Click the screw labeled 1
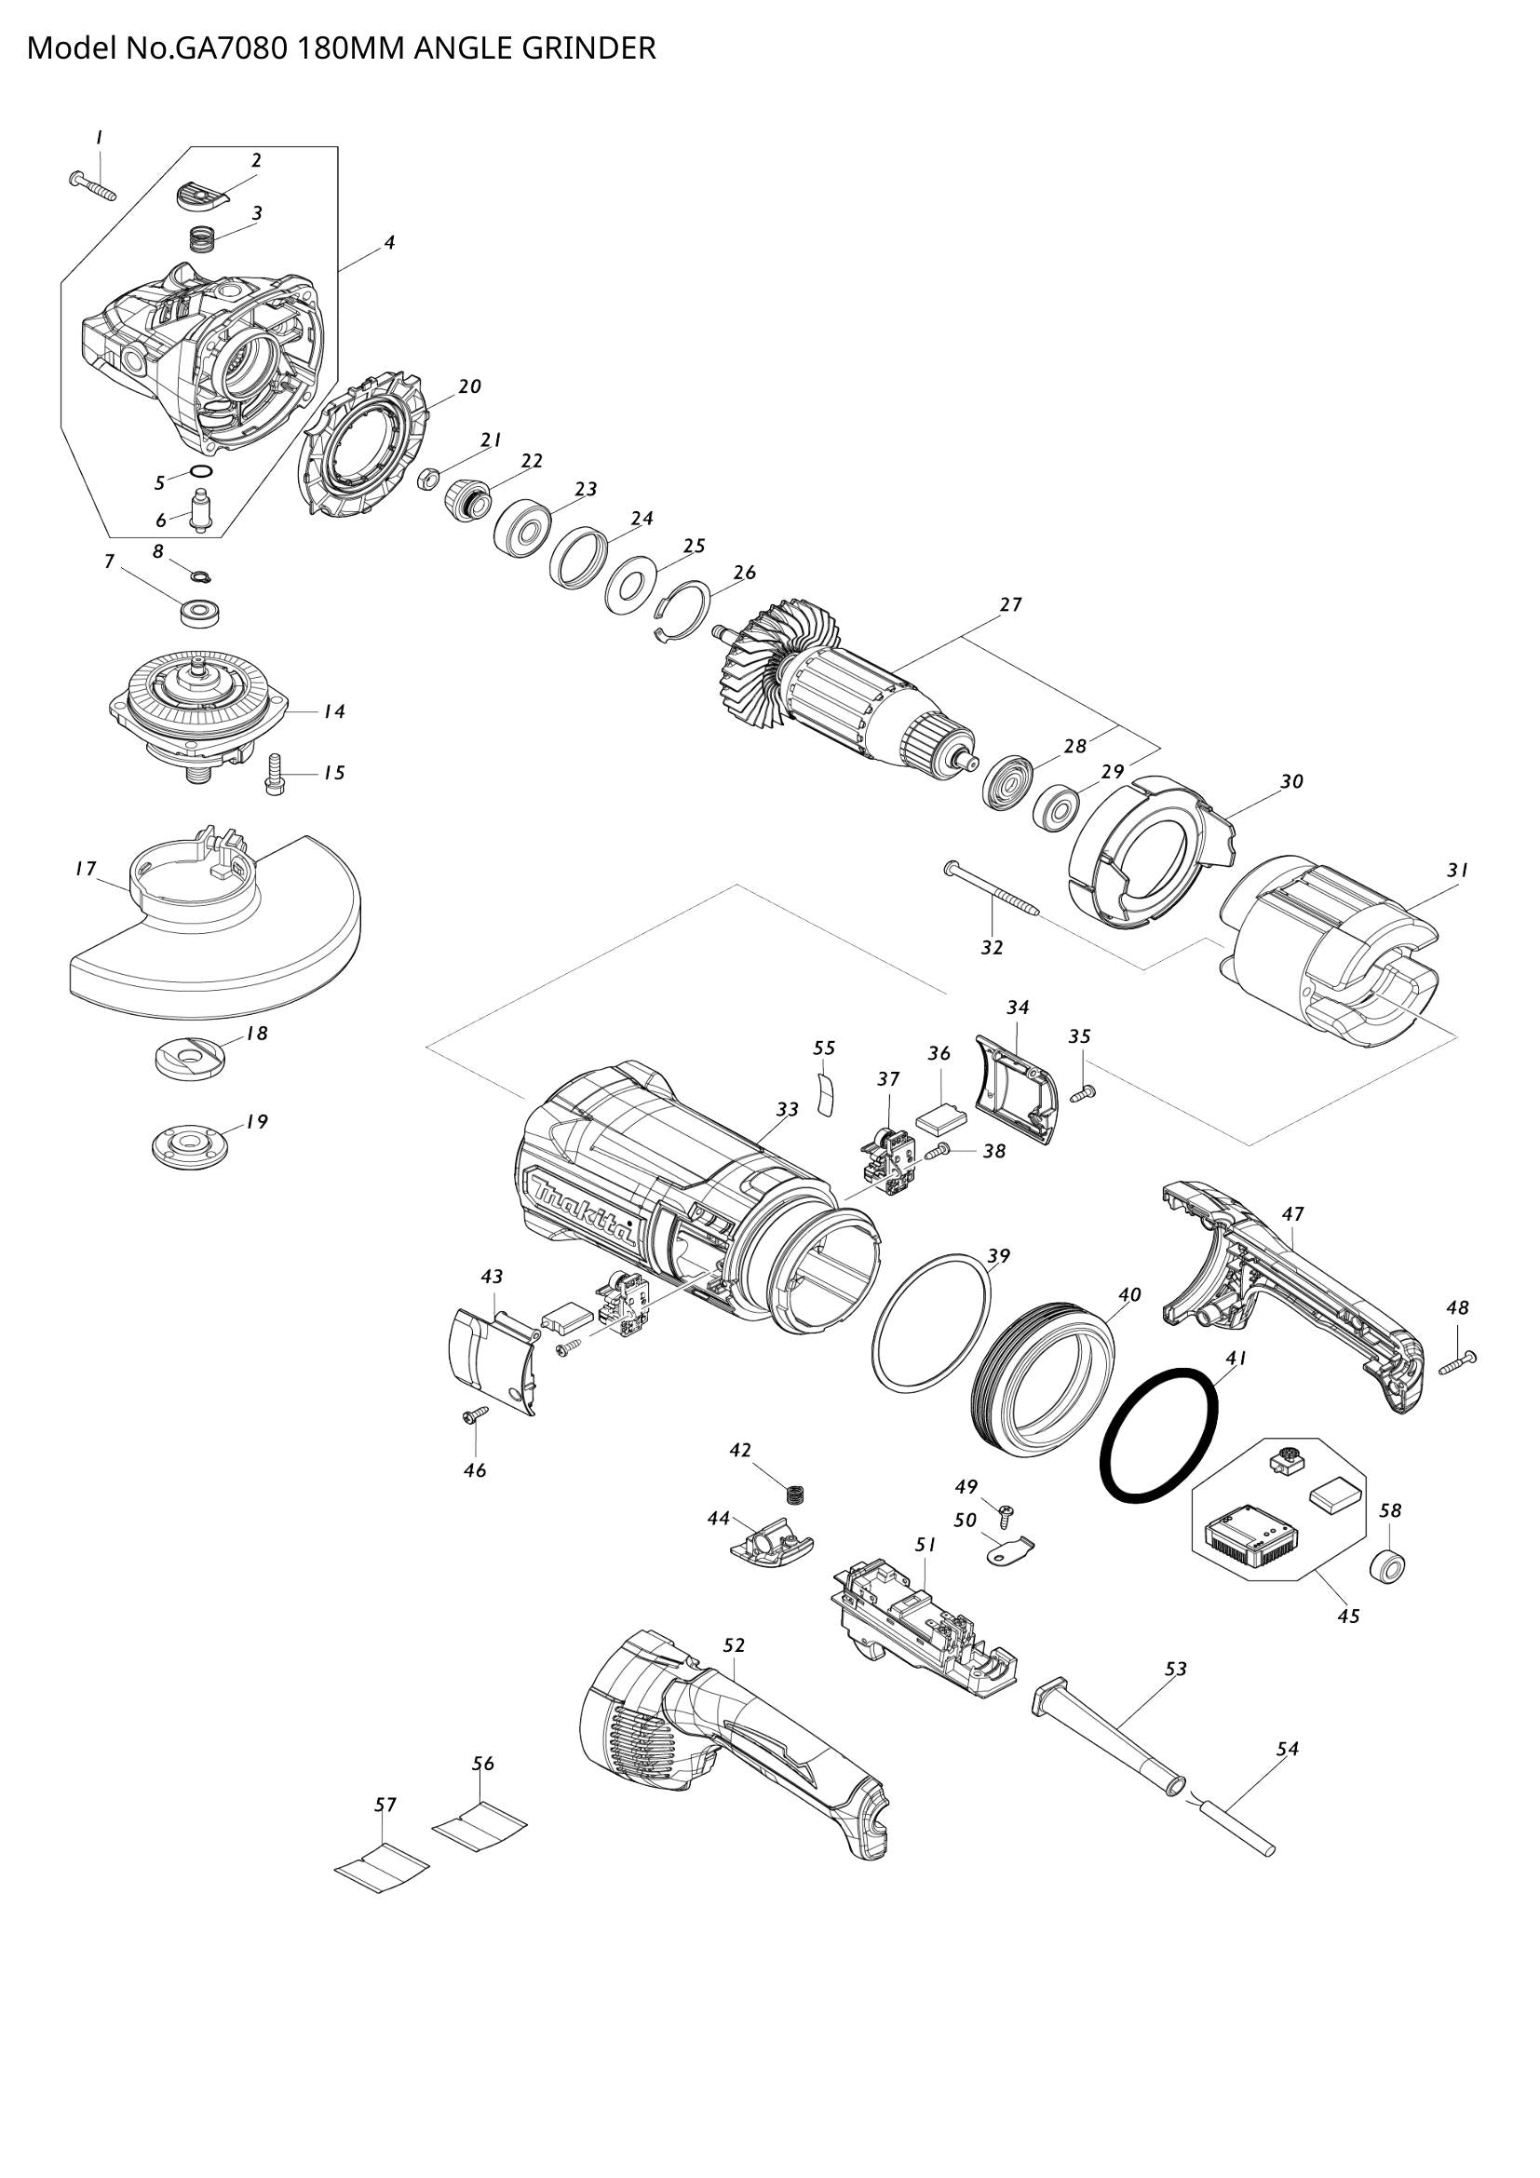[92, 185]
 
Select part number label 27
[1011, 604]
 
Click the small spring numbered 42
[795, 1492]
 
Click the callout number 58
[1390, 1509]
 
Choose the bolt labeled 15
[275, 774]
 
